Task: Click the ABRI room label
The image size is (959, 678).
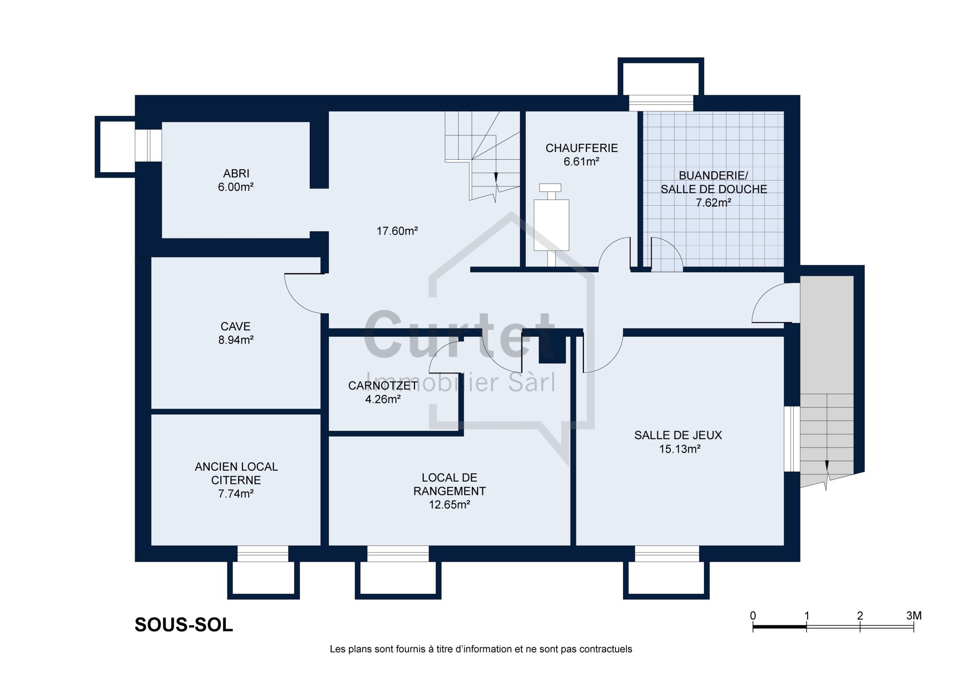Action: coord(236,173)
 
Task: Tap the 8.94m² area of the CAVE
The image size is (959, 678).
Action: coord(236,340)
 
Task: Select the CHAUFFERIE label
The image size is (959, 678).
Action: coord(581,148)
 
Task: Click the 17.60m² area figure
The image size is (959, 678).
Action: coord(397,231)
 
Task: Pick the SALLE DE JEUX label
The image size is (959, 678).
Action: coord(678,435)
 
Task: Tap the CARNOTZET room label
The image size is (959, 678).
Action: coord(383,385)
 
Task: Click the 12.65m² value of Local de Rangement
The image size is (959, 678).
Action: coord(450,505)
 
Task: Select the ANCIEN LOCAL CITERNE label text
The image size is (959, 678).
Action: coord(236,473)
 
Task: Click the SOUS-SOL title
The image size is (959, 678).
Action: coord(184,625)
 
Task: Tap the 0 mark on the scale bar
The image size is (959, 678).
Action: coord(753,616)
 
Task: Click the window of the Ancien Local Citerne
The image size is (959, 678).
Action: coord(263,554)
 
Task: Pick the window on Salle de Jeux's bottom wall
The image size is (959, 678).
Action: coord(667,554)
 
